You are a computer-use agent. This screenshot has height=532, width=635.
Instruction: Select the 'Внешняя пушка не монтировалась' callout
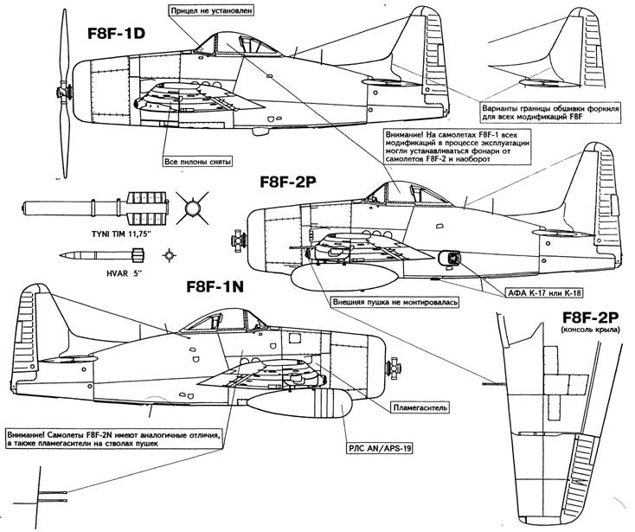pos(388,303)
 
